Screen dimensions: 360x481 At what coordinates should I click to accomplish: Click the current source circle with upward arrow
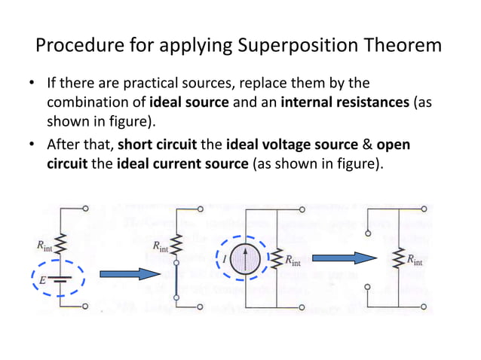(x=244, y=258)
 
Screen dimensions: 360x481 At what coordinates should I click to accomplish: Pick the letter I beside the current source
(x=223, y=259)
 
